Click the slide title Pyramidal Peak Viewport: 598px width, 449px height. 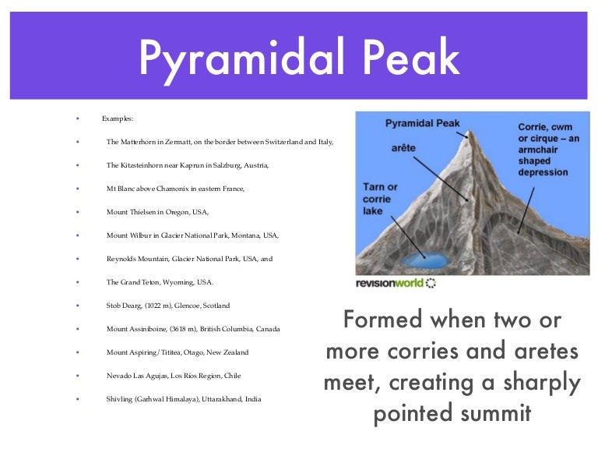click(299, 50)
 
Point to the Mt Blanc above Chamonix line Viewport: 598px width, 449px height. click(175, 189)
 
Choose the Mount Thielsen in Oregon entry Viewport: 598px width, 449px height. click(158, 211)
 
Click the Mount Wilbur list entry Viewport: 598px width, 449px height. click(192, 235)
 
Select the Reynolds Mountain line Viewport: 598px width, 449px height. click(190, 258)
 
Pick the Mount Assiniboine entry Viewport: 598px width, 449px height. click(193, 328)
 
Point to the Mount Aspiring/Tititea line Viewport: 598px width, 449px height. click(178, 352)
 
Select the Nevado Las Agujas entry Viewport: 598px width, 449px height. click(174, 375)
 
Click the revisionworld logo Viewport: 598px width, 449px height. click(396, 282)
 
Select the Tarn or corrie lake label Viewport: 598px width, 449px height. click(381, 200)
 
